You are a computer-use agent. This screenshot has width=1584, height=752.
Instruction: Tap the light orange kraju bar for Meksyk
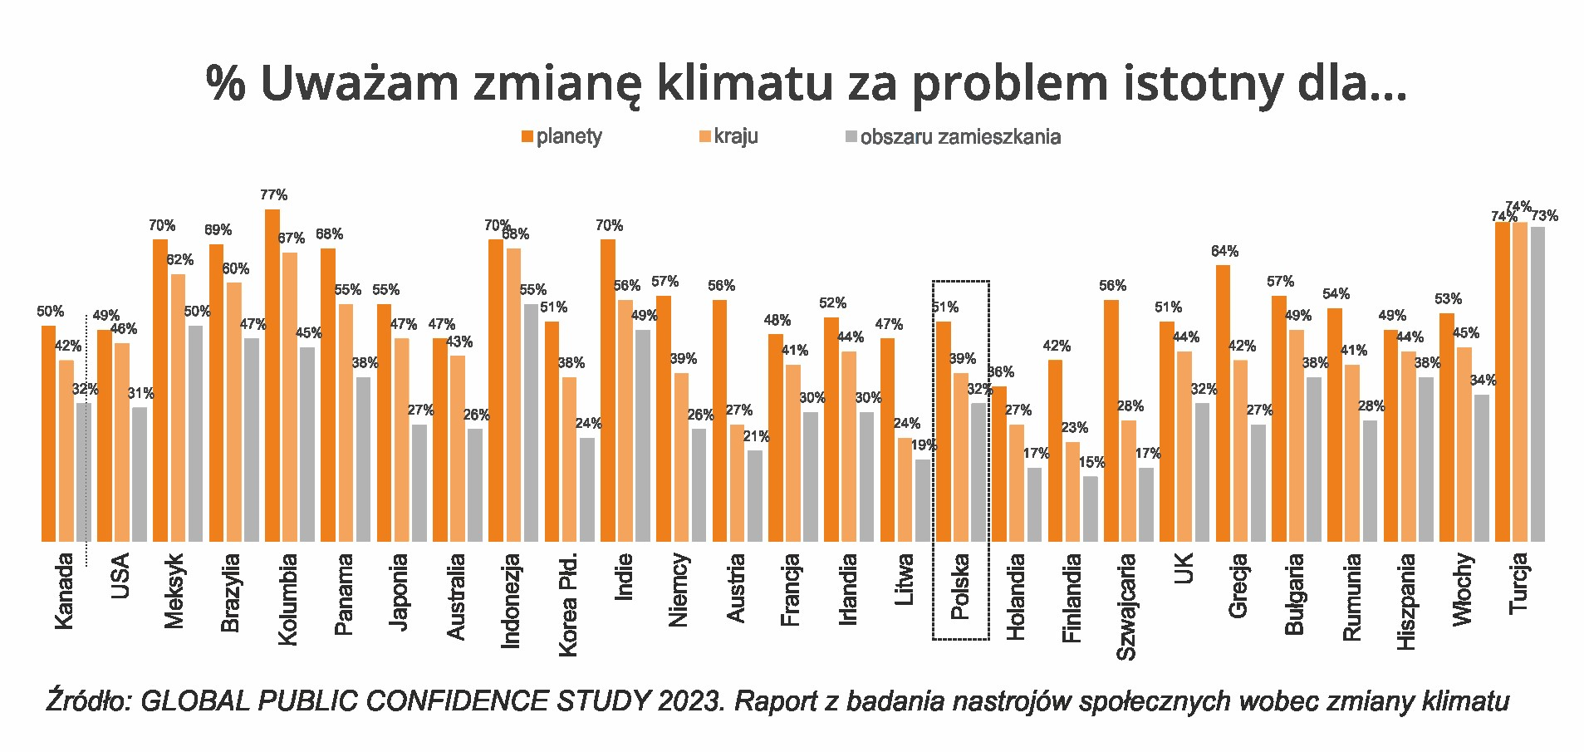coord(179,407)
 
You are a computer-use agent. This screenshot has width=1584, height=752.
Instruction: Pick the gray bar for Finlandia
coord(1091,509)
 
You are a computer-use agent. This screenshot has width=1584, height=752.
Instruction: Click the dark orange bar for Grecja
coord(1223,403)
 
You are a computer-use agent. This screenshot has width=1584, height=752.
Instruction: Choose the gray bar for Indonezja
coord(531,422)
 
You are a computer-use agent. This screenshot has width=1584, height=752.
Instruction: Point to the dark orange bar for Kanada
coord(49,433)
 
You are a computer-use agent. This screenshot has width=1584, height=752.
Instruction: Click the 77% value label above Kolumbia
coord(273,195)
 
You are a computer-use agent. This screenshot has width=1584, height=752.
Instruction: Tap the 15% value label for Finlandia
coord(1091,462)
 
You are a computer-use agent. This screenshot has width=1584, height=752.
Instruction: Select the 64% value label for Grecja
coord(1224,251)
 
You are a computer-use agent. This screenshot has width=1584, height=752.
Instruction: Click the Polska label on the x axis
coord(960,587)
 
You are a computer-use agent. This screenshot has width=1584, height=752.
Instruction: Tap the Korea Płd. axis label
coord(568,604)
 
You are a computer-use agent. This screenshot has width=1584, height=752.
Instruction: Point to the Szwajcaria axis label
coord(1126,607)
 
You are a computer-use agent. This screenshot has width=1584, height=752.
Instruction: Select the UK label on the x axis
coord(1184,569)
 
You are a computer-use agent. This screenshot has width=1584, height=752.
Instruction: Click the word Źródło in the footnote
coord(88,700)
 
